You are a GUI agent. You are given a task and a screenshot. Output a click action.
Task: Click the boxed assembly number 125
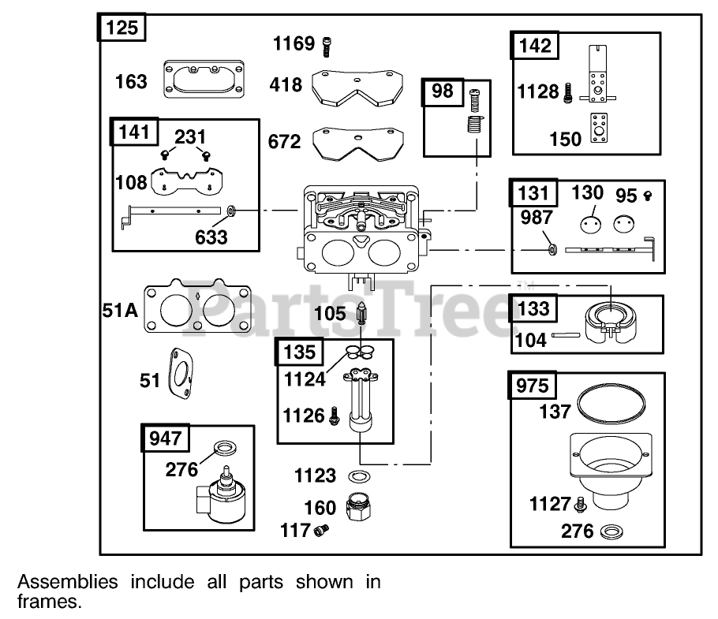[121, 28]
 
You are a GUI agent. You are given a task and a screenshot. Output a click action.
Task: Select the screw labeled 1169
[327, 47]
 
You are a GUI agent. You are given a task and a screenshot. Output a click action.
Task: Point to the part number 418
[286, 84]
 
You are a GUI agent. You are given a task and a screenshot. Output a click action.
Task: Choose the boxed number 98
[443, 91]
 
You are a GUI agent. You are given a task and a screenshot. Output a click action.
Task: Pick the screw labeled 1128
[567, 94]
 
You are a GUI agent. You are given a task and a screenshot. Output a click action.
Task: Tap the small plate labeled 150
[599, 129]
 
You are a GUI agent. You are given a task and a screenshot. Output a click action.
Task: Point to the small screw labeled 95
[649, 193]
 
